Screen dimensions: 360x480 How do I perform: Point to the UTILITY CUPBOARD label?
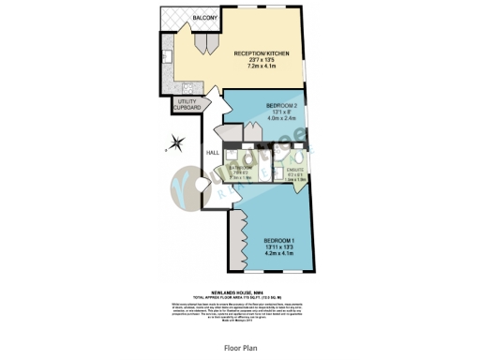coord(189,104)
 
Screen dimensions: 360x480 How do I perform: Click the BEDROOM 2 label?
coord(280,105)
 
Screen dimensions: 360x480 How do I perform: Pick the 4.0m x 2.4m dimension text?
coord(280,118)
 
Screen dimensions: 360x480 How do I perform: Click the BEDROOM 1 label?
coord(281,242)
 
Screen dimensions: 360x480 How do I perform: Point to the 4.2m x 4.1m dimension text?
coord(281,255)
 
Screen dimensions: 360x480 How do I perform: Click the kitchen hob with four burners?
coord(165,81)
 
